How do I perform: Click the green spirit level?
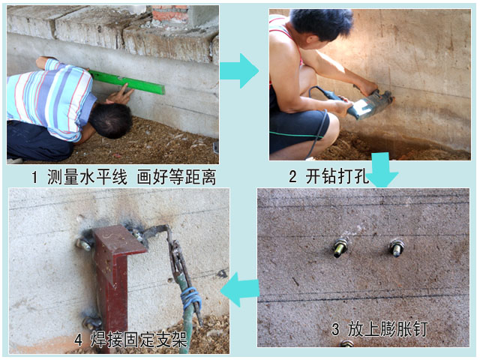point(127,82)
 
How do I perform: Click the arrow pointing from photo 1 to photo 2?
point(239,71)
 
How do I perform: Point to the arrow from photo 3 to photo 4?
point(240,289)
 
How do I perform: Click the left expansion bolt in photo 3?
point(340,248)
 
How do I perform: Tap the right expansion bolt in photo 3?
point(397,247)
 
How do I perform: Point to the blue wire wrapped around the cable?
point(191,297)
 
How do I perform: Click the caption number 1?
point(34,177)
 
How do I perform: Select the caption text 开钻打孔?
point(337,177)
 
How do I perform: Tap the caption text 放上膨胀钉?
point(388,329)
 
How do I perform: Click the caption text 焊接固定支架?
point(139,340)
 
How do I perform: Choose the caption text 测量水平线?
point(87,177)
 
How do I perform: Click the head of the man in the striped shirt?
point(111,120)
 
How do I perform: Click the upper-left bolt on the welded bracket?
point(85,244)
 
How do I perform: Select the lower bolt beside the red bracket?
point(91,322)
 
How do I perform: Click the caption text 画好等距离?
point(177,177)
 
